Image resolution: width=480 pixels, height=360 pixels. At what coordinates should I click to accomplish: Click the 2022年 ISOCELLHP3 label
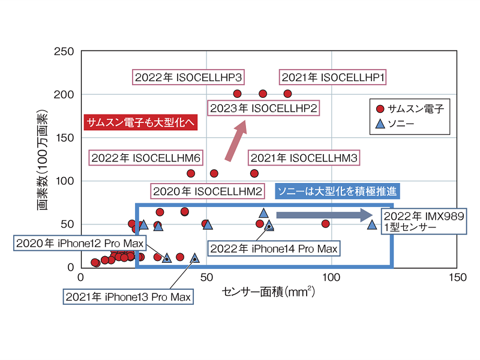(188, 77)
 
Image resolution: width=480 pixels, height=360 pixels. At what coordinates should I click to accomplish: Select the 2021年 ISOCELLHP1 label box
(333, 77)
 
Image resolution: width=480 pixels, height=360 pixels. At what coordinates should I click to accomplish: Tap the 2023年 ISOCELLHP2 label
(263, 108)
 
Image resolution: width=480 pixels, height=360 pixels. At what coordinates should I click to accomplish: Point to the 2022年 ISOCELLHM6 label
(145, 158)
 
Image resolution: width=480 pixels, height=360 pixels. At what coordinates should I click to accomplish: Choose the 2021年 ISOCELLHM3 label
(304, 158)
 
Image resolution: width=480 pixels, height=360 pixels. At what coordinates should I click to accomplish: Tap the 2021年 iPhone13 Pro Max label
(128, 296)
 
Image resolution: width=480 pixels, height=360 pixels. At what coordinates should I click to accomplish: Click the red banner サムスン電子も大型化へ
(139, 122)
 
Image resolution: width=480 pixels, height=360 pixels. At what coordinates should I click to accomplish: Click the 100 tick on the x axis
(331, 277)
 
